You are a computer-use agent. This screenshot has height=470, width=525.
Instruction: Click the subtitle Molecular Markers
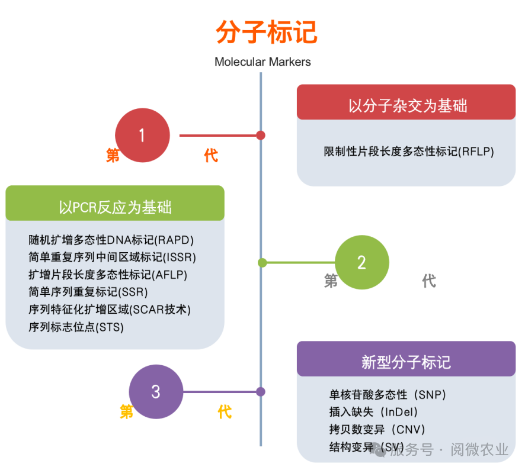pyautogui.click(x=262, y=62)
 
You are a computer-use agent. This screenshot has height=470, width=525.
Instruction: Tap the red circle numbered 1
pyautogui.click(x=142, y=136)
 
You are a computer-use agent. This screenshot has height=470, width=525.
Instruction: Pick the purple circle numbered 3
pyautogui.click(x=156, y=391)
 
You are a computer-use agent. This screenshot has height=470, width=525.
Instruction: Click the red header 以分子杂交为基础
pyautogui.click(x=406, y=105)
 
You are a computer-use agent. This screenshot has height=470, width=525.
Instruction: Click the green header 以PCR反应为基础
pyautogui.click(x=115, y=207)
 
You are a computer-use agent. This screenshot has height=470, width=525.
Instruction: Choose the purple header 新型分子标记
pyautogui.click(x=406, y=362)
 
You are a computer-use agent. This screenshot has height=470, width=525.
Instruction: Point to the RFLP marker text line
pyautogui.click(x=408, y=152)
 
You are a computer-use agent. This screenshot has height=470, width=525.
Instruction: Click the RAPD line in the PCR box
pyautogui.click(x=111, y=240)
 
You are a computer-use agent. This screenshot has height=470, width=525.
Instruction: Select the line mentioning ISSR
pyautogui.click(x=112, y=257)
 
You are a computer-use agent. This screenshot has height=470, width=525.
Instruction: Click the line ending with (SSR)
pyautogui.click(x=88, y=292)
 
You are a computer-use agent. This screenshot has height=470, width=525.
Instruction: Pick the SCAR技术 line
pyautogui.click(x=110, y=309)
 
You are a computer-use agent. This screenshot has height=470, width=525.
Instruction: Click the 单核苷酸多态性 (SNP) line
pyautogui.click(x=388, y=394)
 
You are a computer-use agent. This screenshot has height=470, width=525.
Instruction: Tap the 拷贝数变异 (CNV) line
pyautogui.click(x=377, y=430)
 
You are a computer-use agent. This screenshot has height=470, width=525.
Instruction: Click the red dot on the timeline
pyautogui.click(x=261, y=136)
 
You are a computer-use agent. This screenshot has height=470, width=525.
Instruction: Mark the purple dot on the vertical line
pyautogui.click(x=261, y=391)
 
